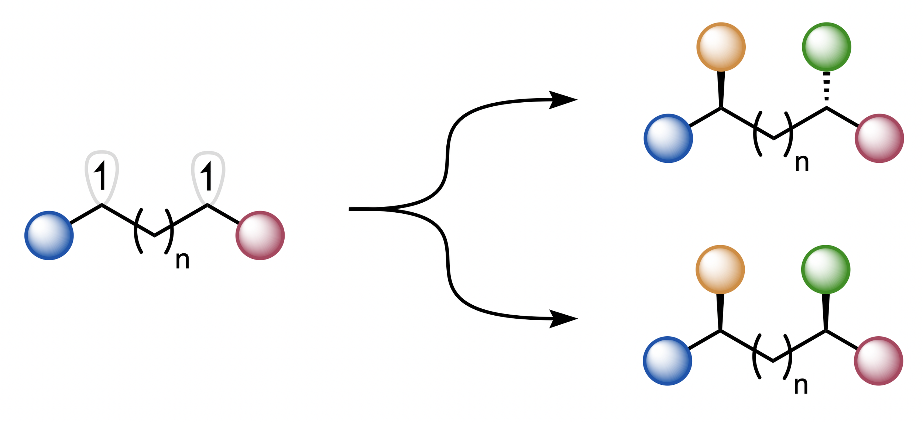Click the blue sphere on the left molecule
click(49, 236)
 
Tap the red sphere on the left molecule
click(260, 236)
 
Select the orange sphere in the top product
click(721, 47)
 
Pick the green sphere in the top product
click(826, 47)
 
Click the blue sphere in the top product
click(668, 138)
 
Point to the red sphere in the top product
click(879, 138)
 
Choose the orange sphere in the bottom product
click(720, 270)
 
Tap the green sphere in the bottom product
click(826, 270)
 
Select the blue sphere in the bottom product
click(668, 361)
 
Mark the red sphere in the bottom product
click(878, 361)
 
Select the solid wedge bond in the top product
click(721, 89)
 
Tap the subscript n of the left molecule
click(182, 260)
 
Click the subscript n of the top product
click(802, 163)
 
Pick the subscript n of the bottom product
click(801, 386)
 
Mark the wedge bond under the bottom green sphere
click(826, 311)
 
